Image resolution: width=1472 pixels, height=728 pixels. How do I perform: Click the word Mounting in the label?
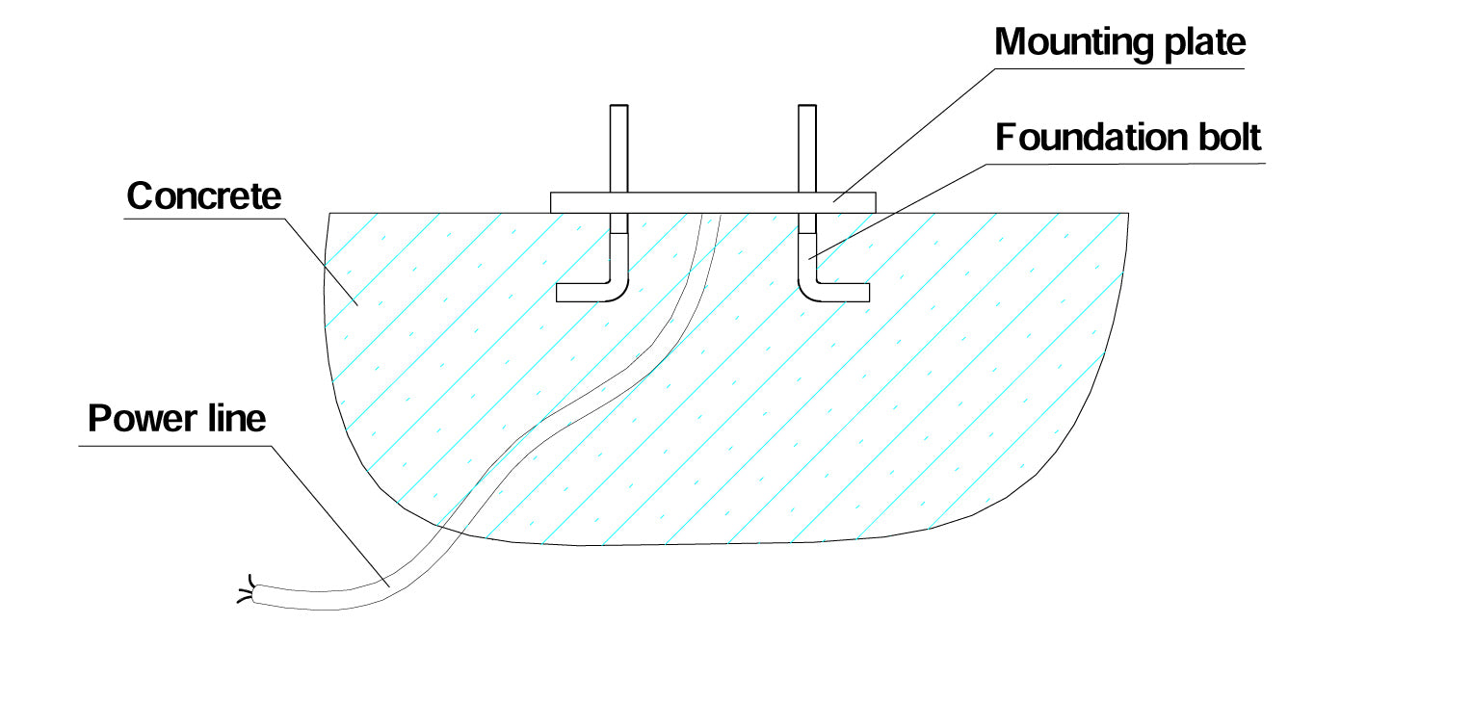[x=1074, y=43]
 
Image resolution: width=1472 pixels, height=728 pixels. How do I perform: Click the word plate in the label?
[x=1205, y=43]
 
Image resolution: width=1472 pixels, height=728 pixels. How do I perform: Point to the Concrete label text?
[x=203, y=195]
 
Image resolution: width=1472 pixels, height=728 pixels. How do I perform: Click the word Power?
[x=142, y=419]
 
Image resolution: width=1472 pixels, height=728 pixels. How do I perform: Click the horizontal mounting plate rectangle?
[x=713, y=202]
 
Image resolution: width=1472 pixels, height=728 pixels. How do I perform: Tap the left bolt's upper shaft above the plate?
[x=619, y=148]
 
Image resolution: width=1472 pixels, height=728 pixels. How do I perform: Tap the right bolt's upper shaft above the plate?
[x=807, y=148]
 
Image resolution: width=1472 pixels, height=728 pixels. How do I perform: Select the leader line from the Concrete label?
[x=321, y=262]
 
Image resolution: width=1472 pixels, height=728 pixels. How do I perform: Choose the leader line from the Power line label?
[x=330, y=516]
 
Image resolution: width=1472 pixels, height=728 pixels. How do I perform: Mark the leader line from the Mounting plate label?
[x=915, y=135]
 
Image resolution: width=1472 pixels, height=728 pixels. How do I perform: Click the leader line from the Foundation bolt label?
[x=898, y=212]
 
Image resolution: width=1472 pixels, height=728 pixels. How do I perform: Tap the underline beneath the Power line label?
[x=174, y=446]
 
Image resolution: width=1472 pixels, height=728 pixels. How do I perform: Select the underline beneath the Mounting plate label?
[x=1119, y=68]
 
